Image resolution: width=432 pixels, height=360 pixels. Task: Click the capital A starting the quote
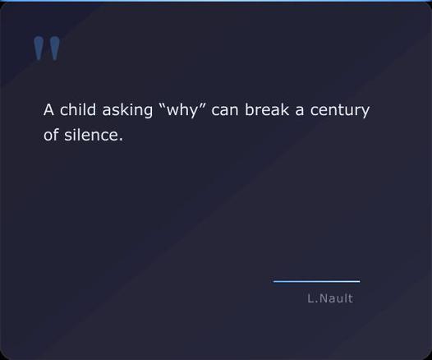[x=48, y=110]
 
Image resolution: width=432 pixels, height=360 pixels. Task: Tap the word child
[x=78, y=110]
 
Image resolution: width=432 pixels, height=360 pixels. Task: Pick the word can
[x=225, y=110]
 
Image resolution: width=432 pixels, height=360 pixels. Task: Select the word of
[x=51, y=135]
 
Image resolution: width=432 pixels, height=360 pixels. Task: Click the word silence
[x=92, y=135]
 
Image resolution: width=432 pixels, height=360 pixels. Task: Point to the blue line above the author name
[x=316, y=281]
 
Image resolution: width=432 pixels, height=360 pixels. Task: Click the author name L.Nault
[x=330, y=298]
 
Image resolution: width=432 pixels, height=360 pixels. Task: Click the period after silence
[x=121, y=140]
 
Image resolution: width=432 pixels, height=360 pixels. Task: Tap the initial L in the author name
[x=310, y=298]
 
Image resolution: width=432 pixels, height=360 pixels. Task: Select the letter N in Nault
[x=323, y=298]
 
